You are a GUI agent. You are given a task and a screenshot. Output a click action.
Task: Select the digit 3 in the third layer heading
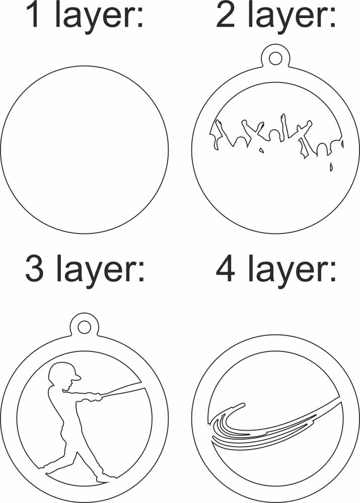tap(34, 268)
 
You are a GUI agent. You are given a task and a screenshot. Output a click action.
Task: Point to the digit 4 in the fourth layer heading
tap(226, 268)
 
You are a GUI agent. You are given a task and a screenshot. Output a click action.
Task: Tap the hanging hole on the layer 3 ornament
tap(84, 327)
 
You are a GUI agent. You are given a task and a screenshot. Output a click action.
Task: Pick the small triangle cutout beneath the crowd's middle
tap(261, 150)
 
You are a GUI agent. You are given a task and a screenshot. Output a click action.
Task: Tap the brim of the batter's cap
tap(77, 377)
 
